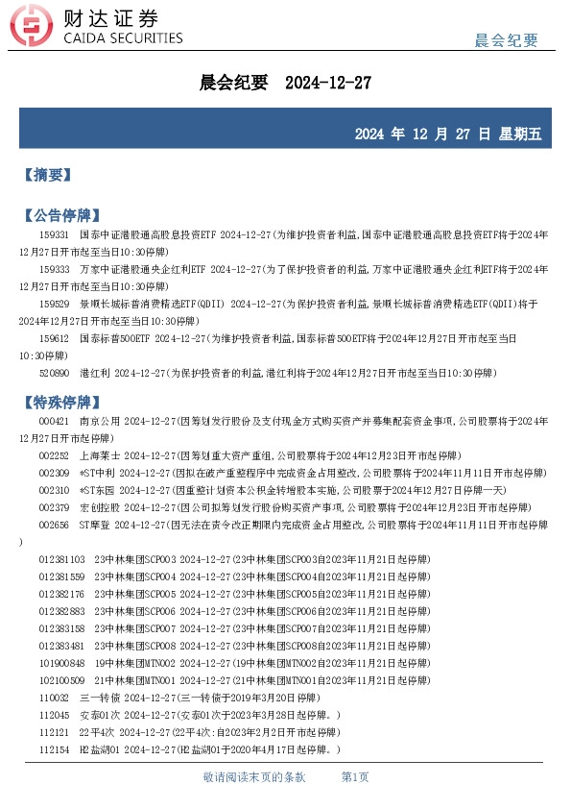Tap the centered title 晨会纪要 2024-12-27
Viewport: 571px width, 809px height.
tap(285, 84)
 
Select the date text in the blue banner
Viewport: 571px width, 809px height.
tap(447, 133)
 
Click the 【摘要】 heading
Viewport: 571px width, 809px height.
tap(47, 174)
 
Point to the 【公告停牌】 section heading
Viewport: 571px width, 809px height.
tap(60, 214)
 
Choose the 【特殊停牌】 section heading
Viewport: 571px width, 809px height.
tap(60, 399)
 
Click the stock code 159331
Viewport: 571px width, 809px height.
tap(54, 233)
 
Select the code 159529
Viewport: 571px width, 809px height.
tap(54, 304)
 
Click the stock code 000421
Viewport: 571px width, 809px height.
tap(54, 421)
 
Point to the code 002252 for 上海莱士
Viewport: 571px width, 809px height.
tap(54, 455)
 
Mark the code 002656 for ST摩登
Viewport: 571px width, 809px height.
tap(54, 525)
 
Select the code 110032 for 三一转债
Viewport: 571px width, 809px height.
tap(54, 698)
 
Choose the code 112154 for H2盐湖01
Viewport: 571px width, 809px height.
tap(54, 749)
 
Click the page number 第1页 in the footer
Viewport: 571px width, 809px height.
tap(355, 776)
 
